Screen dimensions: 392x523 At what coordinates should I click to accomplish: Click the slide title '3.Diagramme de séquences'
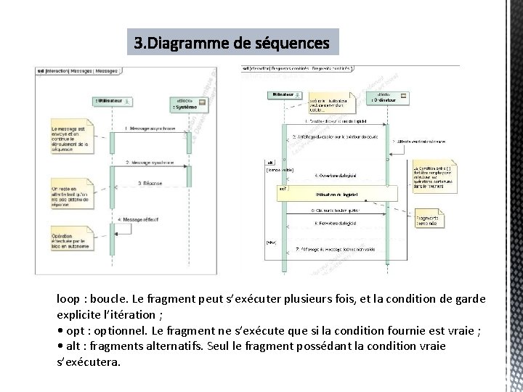click(x=232, y=44)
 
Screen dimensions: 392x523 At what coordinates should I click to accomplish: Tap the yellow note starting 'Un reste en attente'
click(x=70, y=195)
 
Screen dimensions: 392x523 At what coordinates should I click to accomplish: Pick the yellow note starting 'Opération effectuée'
click(x=71, y=242)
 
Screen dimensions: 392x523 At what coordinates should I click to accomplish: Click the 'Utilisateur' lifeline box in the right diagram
click(x=283, y=95)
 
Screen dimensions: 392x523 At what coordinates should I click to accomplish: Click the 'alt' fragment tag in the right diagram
click(x=270, y=163)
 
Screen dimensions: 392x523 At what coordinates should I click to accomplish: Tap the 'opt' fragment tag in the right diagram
click(x=283, y=189)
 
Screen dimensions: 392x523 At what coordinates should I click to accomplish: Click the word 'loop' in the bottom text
click(x=69, y=299)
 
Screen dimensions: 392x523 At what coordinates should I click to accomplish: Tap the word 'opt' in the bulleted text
click(x=75, y=330)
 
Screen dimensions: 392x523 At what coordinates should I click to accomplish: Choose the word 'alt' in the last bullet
click(x=73, y=346)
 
